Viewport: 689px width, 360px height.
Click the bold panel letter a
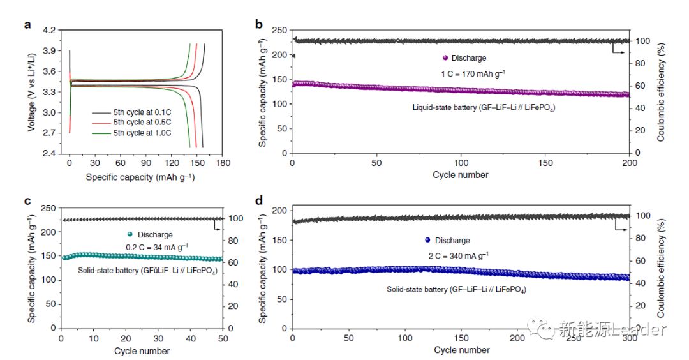click(x=27, y=26)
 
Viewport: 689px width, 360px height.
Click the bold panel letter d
click(x=259, y=202)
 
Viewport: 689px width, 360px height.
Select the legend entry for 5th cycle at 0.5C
click(x=135, y=122)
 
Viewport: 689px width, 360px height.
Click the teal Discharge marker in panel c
click(x=130, y=234)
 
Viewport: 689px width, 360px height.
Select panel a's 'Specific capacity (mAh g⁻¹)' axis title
click(x=140, y=176)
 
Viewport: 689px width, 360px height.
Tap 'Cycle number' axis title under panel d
click(x=462, y=350)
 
